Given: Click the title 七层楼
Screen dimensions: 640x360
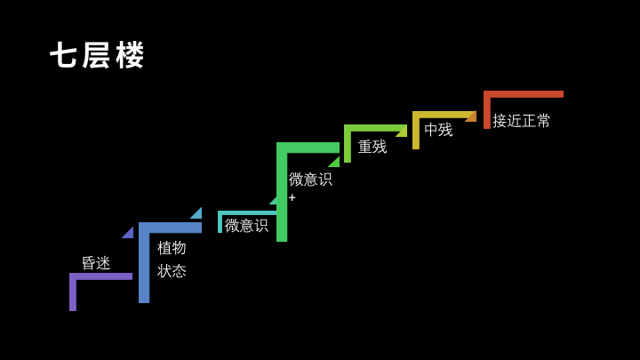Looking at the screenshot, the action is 97,55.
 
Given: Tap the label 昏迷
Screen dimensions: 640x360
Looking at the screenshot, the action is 96,263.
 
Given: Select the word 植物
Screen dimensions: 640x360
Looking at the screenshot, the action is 172,248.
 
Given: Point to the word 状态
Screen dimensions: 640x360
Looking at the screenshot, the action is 172,271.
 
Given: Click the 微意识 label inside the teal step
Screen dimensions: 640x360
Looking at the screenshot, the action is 246,225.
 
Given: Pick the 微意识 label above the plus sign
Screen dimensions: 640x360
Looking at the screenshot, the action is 310,180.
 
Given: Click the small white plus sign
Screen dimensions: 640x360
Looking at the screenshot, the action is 292,197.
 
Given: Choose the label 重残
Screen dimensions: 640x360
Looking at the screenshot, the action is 372,147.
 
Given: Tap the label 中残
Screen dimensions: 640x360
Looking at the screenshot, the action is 439,130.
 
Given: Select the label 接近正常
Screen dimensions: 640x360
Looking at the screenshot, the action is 521,121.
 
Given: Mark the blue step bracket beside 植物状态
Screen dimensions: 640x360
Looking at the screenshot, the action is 144,263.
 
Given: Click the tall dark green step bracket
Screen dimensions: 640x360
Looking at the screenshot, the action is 282,192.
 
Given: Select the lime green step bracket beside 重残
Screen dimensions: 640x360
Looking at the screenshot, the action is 348,144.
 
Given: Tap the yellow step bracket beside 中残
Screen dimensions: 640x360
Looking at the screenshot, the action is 416,130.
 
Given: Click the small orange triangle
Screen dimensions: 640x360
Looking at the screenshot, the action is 472,117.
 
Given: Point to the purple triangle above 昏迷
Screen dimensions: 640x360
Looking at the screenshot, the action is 129,234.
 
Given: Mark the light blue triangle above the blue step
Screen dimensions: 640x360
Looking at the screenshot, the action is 197,214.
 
